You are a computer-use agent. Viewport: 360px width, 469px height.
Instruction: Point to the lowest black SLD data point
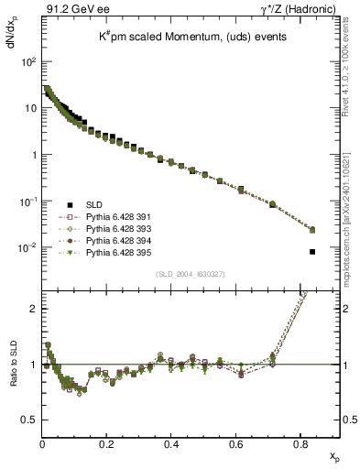point(312,252)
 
